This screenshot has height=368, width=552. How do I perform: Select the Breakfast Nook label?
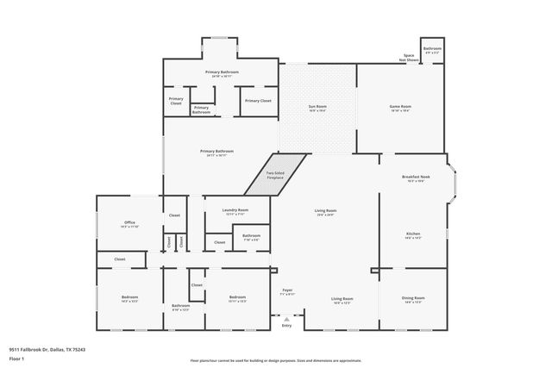click(x=416, y=178)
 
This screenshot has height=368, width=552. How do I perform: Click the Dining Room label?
click(x=413, y=299)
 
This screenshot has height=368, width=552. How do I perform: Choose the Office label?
click(x=129, y=223)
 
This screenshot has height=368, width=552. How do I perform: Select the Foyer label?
click(x=287, y=291)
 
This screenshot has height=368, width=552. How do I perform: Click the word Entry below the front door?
click(x=286, y=326)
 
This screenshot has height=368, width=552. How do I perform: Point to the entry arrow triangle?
click(x=286, y=318)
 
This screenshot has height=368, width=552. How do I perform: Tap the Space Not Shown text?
click(x=409, y=58)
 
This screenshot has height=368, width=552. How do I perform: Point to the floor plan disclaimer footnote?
click(x=276, y=360)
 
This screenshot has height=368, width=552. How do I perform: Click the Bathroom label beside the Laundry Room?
click(x=251, y=236)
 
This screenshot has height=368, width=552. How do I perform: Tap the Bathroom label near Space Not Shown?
click(x=432, y=49)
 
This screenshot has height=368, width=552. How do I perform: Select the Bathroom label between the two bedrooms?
click(x=180, y=306)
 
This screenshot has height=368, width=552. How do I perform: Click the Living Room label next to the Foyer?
click(x=342, y=299)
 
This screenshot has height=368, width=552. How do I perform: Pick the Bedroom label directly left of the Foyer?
click(x=237, y=299)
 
